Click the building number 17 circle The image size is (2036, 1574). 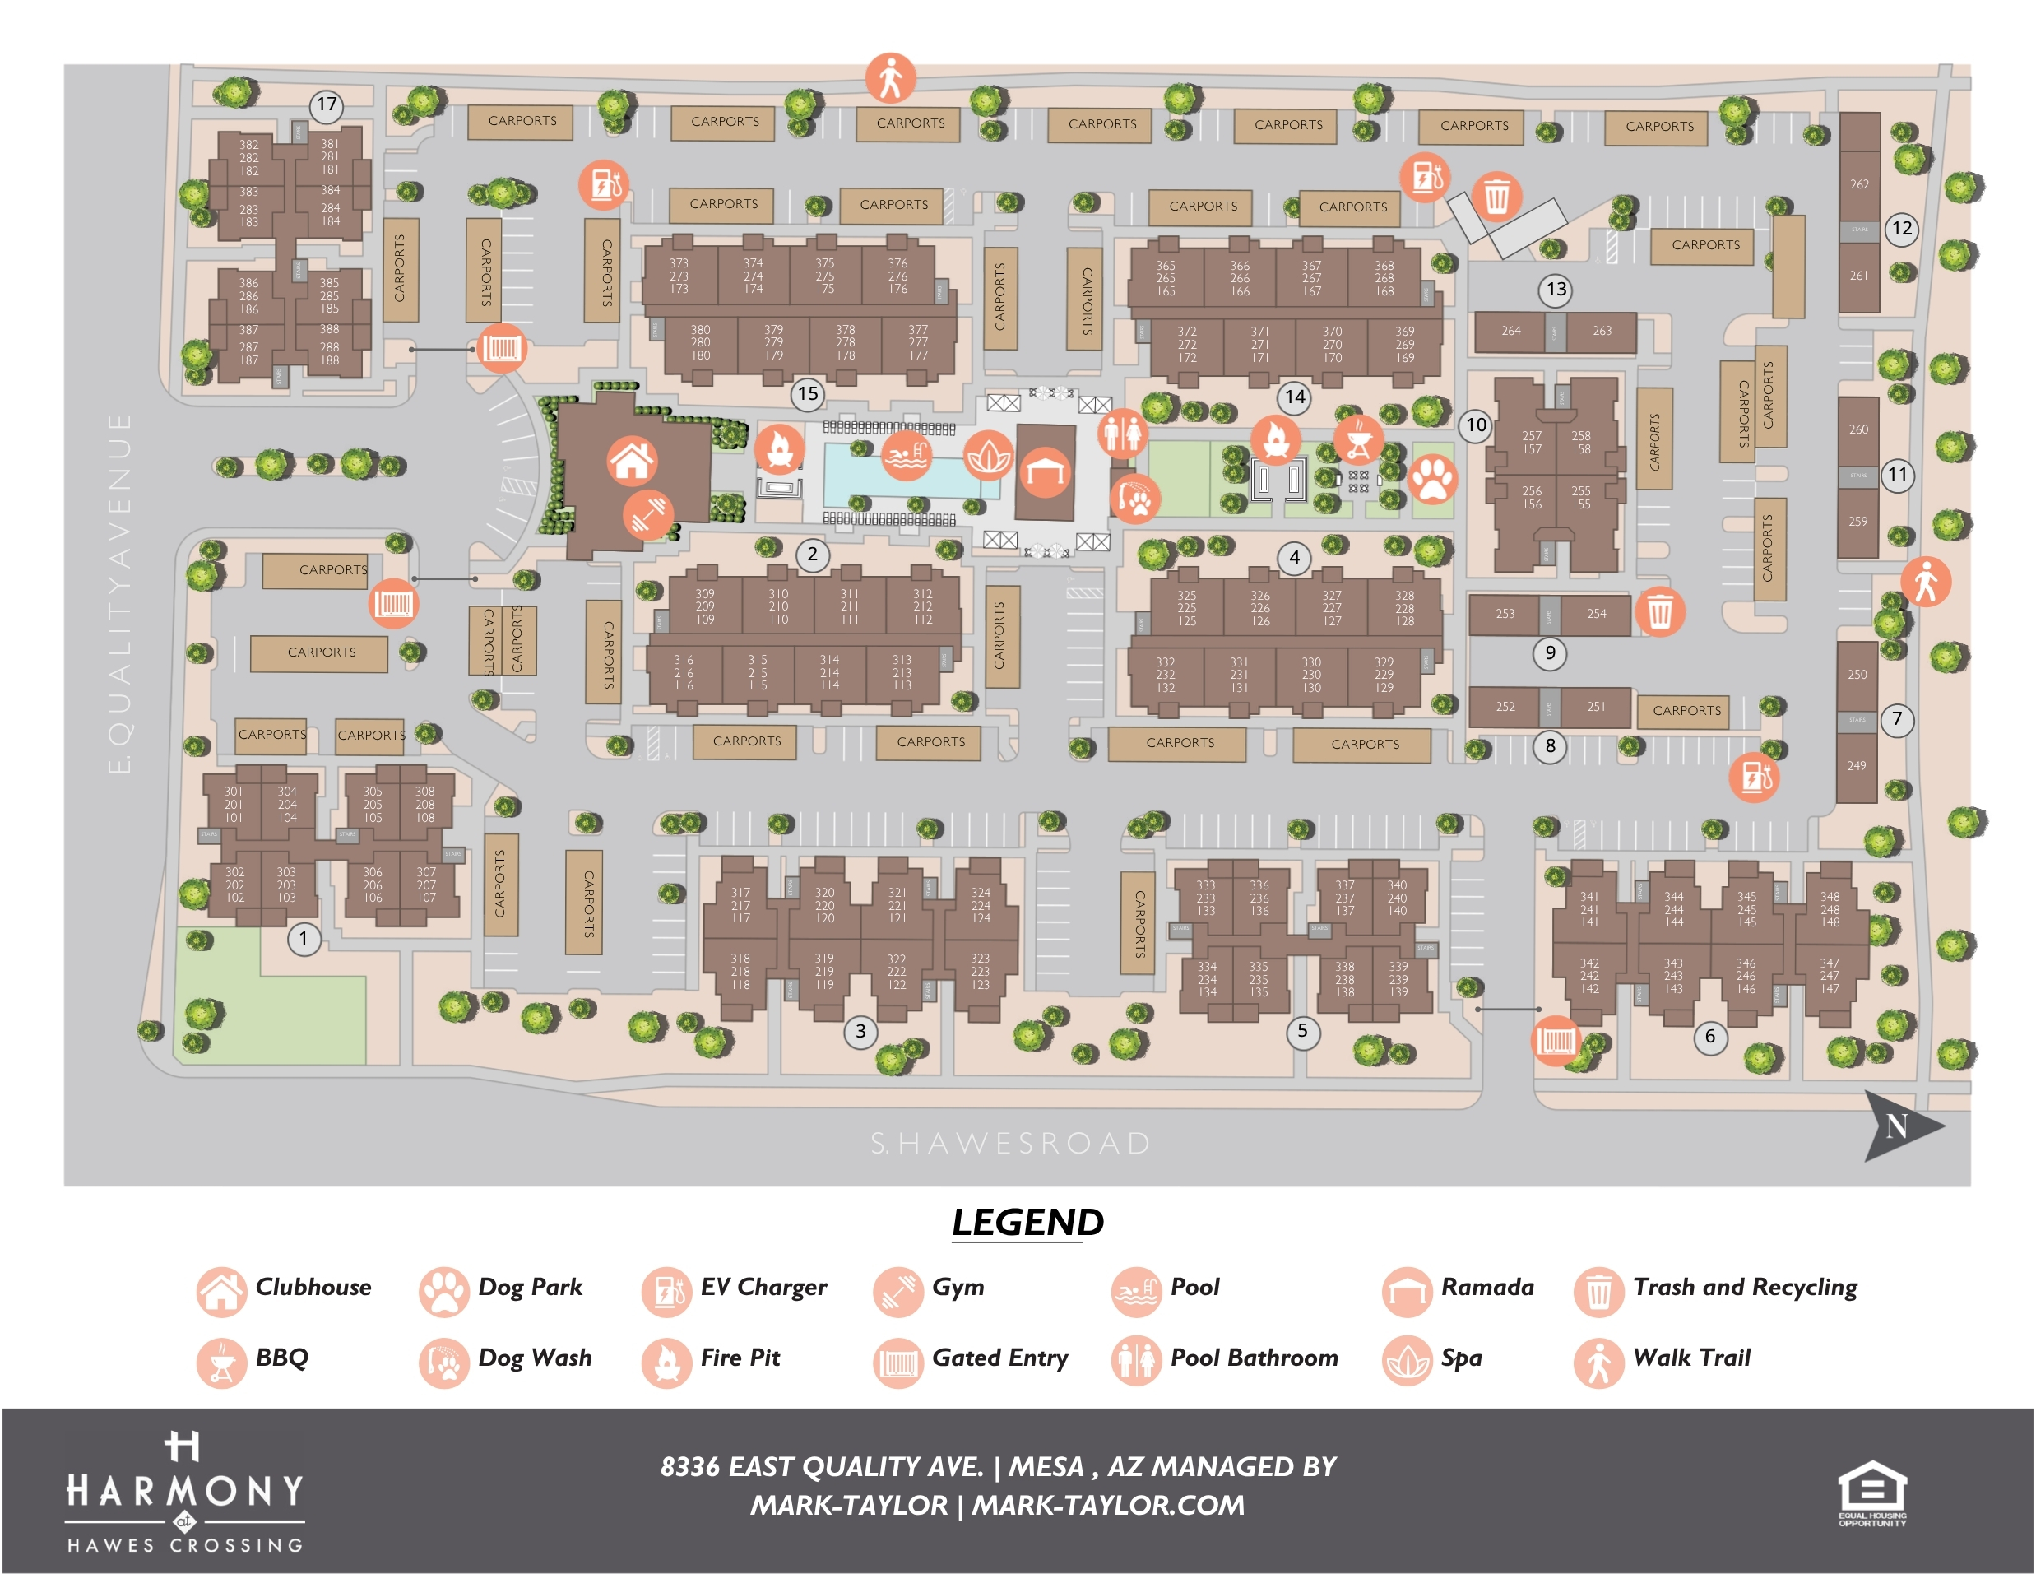327,104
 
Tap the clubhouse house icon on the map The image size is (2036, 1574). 632,461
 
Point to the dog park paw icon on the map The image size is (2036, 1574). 1432,480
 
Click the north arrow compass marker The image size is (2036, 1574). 1901,1126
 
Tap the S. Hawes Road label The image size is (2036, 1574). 1010,1143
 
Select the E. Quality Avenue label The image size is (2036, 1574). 119,593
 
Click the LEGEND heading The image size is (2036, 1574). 1027,1223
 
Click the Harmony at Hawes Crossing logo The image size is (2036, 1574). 184,1492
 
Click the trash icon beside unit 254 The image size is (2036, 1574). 1659,613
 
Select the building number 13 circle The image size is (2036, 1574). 1556,289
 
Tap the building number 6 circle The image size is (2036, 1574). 1709,1036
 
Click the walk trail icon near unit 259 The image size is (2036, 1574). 1925,582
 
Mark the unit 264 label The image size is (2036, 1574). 1510,331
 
